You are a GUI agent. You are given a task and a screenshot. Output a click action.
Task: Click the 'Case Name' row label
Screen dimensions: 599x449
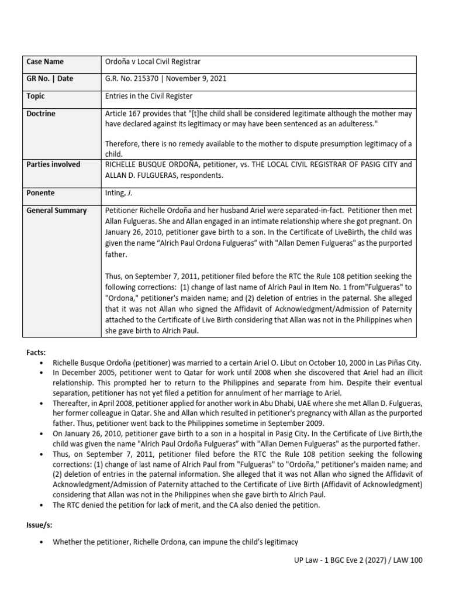(45, 62)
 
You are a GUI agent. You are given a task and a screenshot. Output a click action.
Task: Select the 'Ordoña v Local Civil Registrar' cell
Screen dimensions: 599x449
(153, 62)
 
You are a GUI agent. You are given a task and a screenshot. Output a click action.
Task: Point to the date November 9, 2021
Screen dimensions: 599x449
(196, 78)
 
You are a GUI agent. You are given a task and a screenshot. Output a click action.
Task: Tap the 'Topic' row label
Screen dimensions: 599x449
(36, 96)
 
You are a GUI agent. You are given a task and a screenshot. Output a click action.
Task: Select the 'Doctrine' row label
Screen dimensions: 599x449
(41, 113)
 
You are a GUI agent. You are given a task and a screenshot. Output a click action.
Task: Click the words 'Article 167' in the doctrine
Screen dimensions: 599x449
(123, 113)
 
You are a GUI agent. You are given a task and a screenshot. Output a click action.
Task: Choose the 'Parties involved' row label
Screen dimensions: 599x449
(53, 164)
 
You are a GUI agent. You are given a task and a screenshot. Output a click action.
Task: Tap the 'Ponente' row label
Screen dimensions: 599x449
(40, 192)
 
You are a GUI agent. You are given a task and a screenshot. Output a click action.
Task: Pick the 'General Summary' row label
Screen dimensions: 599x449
(56, 210)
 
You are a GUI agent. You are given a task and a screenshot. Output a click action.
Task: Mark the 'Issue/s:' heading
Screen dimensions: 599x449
(39, 525)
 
